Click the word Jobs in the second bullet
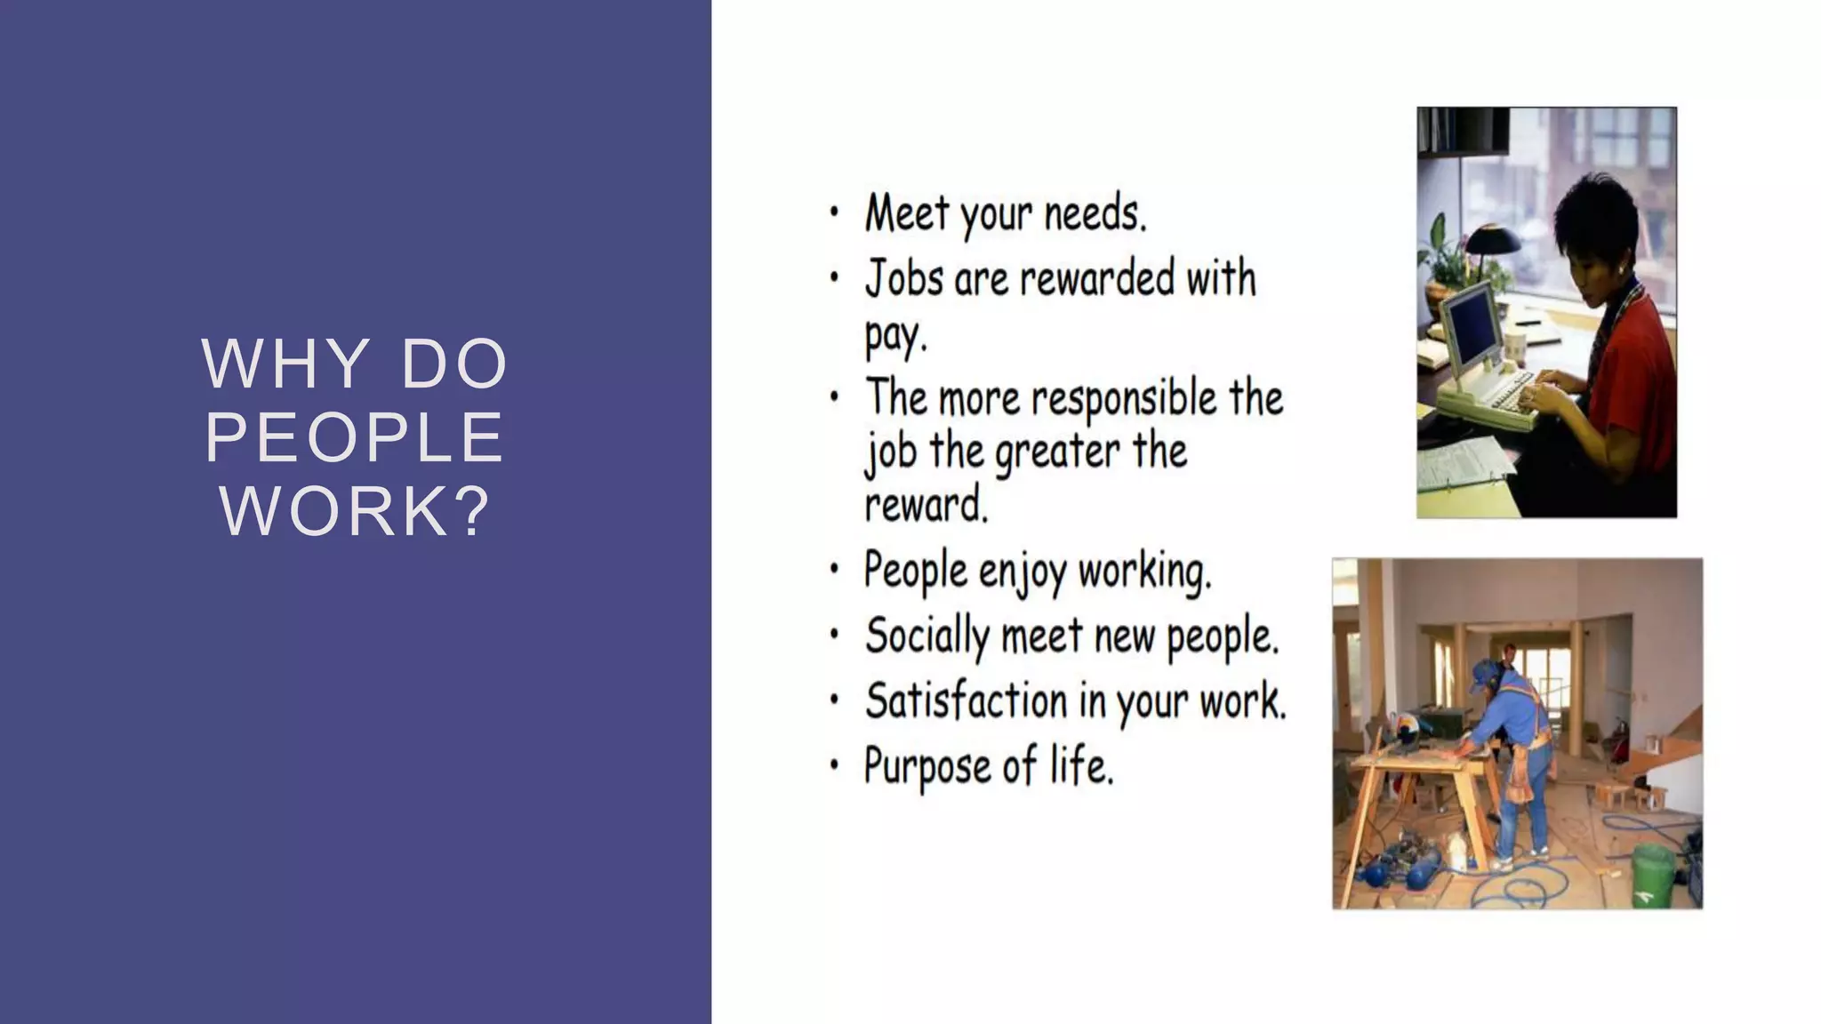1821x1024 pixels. pyautogui.click(x=903, y=278)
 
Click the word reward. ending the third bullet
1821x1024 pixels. pyautogui.click(x=926, y=505)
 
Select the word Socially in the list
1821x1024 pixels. pyautogui.click(x=927, y=636)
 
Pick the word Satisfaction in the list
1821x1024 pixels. pyautogui.click(x=965, y=701)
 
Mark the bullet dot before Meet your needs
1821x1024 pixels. pyautogui.click(x=833, y=213)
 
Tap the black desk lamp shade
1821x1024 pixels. pyautogui.click(x=1493, y=240)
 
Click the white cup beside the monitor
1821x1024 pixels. pyautogui.click(x=1512, y=342)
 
